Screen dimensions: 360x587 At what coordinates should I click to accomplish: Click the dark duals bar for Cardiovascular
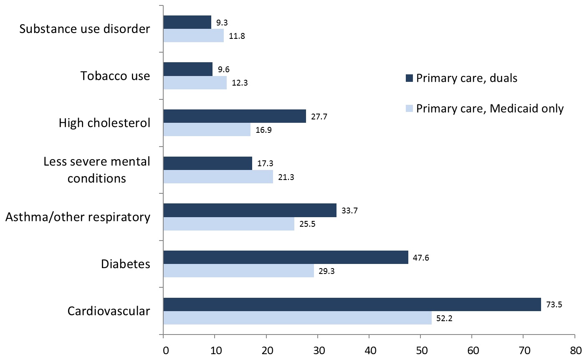tap(352, 304)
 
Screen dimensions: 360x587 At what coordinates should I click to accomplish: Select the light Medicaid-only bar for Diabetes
tap(238, 271)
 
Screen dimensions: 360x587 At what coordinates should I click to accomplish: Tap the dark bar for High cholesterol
tap(235, 116)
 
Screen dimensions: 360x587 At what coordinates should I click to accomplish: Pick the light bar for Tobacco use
tap(195, 83)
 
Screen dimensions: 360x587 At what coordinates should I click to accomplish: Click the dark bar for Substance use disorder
tap(187, 22)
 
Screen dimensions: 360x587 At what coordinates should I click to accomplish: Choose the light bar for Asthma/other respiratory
tap(229, 224)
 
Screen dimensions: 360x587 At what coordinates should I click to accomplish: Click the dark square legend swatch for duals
tap(409, 78)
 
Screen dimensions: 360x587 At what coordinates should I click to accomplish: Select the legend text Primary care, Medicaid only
tap(490, 109)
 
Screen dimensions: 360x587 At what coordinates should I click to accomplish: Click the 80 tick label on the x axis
tap(575, 350)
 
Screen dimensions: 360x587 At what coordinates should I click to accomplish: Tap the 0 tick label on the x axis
tap(166, 350)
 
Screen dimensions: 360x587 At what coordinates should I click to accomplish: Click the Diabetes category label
tap(125, 264)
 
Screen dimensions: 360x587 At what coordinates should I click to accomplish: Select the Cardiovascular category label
tap(109, 311)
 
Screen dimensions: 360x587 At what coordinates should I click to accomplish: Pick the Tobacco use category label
tap(115, 76)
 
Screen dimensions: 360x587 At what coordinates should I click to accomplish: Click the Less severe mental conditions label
tap(97, 170)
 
